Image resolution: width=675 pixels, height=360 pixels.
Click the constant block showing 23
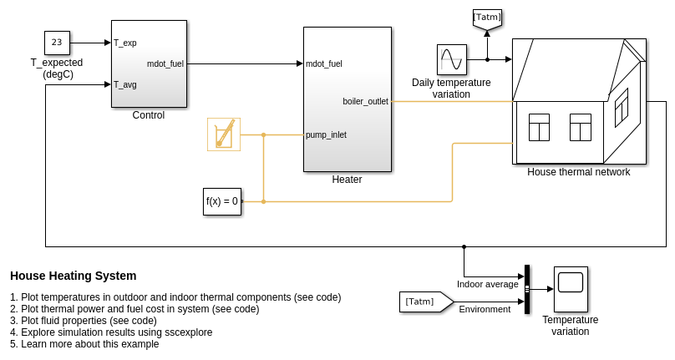[57, 43]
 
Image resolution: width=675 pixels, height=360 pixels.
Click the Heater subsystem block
[347, 99]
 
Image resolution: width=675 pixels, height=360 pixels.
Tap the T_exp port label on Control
[125, 43]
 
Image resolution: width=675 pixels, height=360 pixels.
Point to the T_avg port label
[125, 84]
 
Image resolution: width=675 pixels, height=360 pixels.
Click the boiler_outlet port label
[365, 101]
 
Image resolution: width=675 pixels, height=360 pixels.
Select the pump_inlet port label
[326, 134]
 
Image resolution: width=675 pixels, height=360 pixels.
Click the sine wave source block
[451, 59]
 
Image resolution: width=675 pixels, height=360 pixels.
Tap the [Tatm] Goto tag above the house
[487, 18]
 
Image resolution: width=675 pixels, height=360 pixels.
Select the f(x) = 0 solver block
[222, 201]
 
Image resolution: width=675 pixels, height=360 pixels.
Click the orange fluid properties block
[224, 134]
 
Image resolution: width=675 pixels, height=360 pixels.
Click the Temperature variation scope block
[571, 289]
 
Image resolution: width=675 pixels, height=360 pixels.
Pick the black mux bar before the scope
[527, 289]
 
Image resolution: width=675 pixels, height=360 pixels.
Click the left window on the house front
[539, 127]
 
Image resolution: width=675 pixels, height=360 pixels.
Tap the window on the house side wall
[621, 108]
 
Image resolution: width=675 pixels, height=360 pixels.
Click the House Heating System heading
[73, 276]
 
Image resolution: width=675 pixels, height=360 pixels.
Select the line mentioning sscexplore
[111, 332]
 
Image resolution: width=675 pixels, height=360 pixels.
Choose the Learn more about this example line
[84, 344]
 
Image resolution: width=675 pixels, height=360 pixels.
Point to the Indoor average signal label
[487, 284]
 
